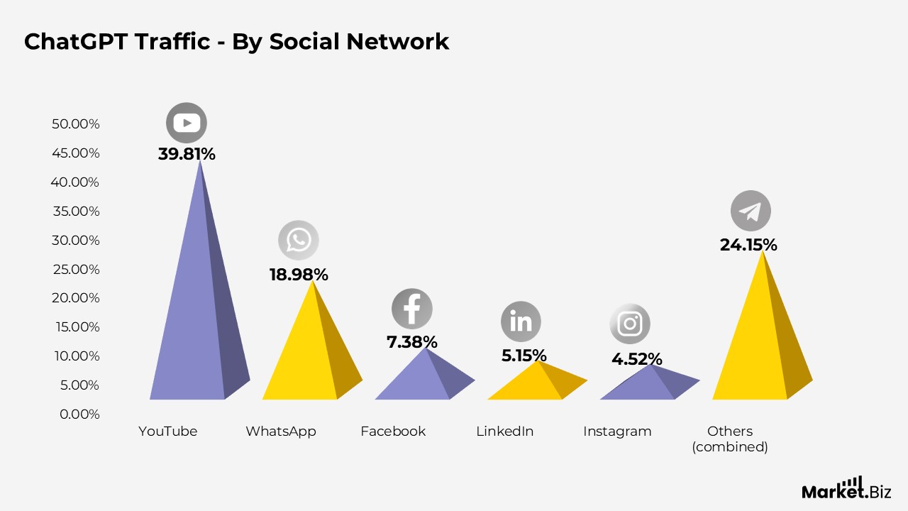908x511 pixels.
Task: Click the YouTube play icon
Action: pos(187,123)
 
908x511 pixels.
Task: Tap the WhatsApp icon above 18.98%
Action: pos(299,240)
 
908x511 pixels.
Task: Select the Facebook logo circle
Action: pos(412,309)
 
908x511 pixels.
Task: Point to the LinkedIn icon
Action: pos(521,322)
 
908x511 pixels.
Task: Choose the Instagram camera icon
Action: pos(630,324)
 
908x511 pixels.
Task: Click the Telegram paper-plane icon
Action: pos(751,211)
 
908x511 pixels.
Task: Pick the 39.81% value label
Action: pos(187,154)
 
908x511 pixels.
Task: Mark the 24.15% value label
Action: pos(748,245)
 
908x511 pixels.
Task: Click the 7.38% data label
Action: pos(412,342)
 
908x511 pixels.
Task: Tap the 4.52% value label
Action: pos(637,359)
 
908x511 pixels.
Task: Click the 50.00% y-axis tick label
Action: pos(76,124)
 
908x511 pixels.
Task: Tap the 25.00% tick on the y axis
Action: pos(76,269)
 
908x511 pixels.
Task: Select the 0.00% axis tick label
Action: pos(79,414)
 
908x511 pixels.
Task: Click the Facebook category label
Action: pos(393,431)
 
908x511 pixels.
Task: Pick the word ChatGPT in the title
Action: pos(77,42)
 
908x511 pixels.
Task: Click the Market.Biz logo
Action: pos(846,488)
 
